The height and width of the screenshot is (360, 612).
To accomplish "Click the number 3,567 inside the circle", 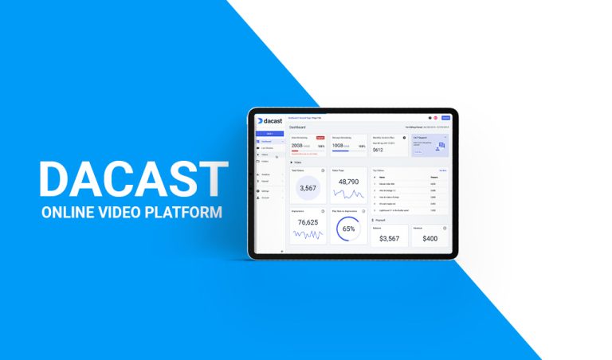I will tap(307, 188).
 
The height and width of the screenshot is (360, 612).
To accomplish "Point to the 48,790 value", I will tap(348, 182).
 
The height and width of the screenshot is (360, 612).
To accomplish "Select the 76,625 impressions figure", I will tap(307, 222).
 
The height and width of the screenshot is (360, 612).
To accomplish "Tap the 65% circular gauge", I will tap(348, 229).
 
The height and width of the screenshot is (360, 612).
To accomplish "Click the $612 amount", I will tap(378, 149).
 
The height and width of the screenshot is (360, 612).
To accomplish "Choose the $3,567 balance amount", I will tap(389, 238).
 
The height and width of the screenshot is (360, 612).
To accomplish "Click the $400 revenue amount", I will tap(430, 238).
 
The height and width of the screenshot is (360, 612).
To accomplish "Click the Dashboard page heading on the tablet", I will tap(296, 127).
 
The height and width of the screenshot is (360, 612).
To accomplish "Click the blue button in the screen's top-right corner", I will tap(445, 118).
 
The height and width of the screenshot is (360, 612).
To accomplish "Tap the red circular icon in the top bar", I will tap(436, 118).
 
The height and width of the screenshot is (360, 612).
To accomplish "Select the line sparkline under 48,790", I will tap(348, 194).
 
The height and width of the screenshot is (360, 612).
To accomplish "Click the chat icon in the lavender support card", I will tap(441, 146).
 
